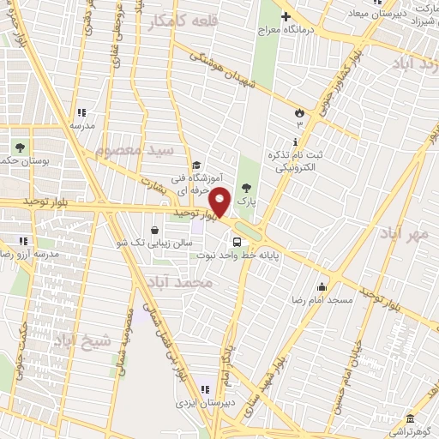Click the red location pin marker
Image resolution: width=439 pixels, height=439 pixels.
point(221,202)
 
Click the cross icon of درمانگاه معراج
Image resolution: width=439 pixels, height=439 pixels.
point(286,15)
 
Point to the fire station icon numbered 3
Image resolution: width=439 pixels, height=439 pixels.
point(299,112)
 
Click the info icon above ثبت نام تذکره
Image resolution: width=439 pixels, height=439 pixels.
point(297,141)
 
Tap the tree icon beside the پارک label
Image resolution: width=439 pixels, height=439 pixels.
point(248,189)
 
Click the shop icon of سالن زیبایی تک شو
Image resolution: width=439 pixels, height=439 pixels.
point(153,230)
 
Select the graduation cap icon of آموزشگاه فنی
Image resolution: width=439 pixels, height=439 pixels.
point(195,165)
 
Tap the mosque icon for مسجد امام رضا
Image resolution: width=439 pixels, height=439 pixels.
point(322,286)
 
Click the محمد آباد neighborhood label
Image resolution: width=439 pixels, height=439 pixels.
point(179,282)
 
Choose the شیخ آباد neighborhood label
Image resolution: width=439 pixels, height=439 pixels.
point(82,341)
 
